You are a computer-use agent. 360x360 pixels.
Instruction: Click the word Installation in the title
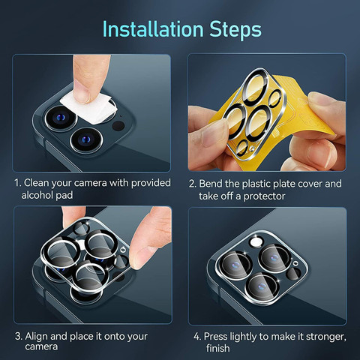pyautogui.click(x=153, y=29)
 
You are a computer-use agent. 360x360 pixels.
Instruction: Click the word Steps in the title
pyautogui.click(x=235, y=30)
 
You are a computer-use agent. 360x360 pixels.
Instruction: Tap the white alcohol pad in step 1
pyautogui.click(x=89, y=108)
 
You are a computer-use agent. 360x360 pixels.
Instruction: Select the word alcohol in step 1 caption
pyautogui.click(x=37, y=195)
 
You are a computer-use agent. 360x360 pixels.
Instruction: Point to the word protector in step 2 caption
pyautogui.click(x=264, y=196)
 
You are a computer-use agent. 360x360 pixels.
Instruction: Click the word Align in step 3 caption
pyautogui.click(x=37, y=337)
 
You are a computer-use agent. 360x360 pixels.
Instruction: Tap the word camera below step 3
pyautogui.click(x=41, y=346)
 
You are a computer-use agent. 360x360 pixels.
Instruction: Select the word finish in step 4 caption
pyautogui.click(x=217, y=348)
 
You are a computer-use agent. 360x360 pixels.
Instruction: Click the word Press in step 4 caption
pyautogui.click(x=215, y=337)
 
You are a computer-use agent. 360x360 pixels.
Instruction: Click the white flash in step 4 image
pyautogui.click(x=256, y=241)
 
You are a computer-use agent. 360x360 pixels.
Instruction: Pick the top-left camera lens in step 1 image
pyautogui.click(x=61, y=118)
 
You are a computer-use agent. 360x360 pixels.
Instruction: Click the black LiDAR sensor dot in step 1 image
pyautogui.click(x=118, y=125)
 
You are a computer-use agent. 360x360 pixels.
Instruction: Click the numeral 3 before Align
pyautogui.click(x=18, y=337)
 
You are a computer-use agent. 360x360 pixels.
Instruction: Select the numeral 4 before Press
pyautogui.click(x=196, y=337)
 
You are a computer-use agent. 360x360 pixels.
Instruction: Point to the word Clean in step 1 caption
pyautogui.click(x=36, y=183)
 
